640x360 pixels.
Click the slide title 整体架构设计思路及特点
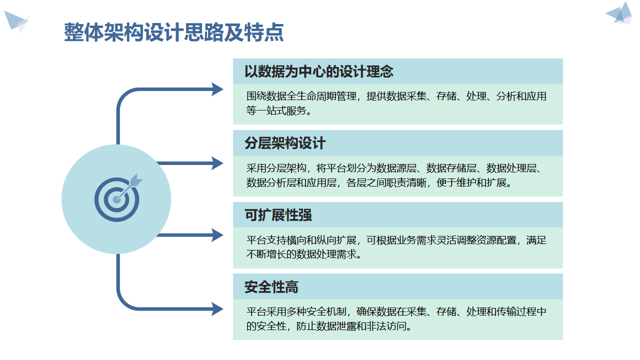173,32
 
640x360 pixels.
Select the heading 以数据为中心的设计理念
318,71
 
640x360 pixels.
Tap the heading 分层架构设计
285,143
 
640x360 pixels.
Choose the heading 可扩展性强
278,215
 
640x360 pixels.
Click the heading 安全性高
271,287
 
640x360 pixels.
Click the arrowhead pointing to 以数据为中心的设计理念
217,89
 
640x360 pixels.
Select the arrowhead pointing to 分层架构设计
217,163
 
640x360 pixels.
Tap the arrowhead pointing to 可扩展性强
217,235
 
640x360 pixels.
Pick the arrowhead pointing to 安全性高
217,309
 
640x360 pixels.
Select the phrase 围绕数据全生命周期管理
301,96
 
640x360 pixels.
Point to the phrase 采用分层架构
273,168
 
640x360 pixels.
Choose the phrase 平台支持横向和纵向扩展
301,240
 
